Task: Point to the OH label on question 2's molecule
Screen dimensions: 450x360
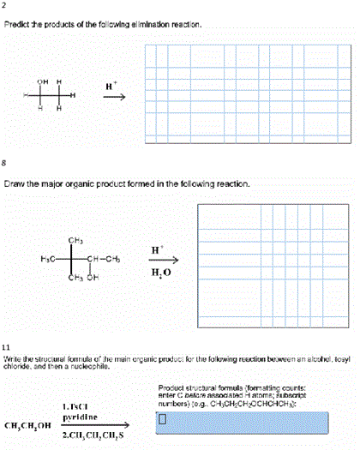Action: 42,81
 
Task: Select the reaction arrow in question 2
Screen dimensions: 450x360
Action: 114,97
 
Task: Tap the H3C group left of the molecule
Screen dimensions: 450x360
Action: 49,258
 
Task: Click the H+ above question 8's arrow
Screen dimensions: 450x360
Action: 156,249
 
